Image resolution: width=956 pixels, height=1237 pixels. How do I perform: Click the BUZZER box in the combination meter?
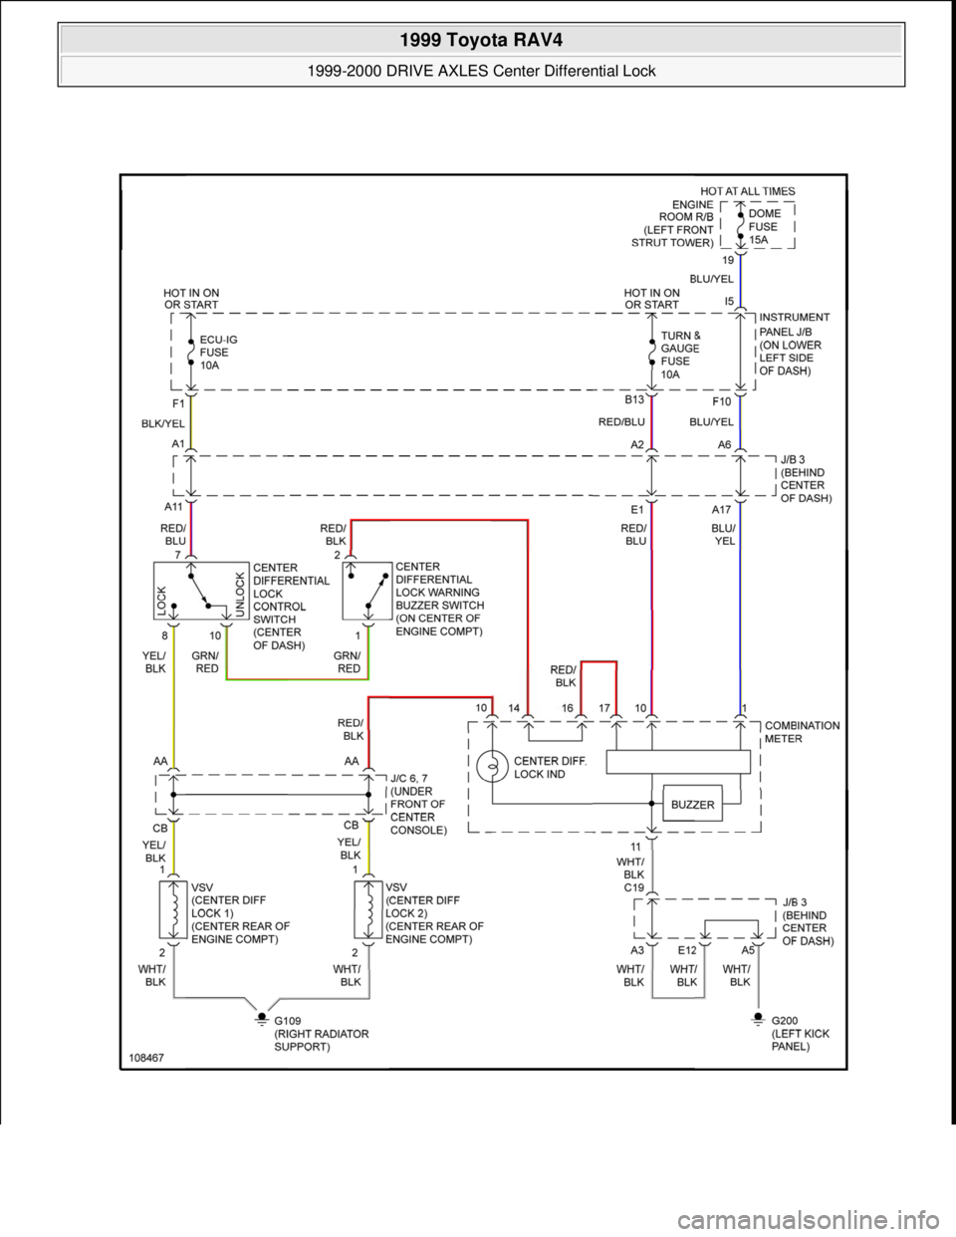pos(692,805)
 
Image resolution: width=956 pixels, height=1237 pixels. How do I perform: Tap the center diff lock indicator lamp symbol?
pos(492,767)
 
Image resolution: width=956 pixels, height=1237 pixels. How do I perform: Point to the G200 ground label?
pos(786,1020)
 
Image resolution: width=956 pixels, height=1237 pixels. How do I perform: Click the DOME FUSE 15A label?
pos(765,226)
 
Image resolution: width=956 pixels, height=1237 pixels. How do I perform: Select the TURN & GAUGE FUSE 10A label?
pos(680,355)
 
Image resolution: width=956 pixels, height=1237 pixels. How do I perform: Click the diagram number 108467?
pos(145,1059)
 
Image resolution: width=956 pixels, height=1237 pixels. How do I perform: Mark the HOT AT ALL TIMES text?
pos(747,190)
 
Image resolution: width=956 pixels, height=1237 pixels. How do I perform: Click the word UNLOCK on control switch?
pos(239,595)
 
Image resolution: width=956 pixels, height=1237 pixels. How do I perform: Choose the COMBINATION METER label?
pos(802,732)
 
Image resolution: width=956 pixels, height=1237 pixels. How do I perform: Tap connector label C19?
pos(634,886)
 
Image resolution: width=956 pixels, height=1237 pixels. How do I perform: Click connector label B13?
pos(635,399)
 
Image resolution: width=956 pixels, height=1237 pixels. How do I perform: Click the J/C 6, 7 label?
pos(412,778)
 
